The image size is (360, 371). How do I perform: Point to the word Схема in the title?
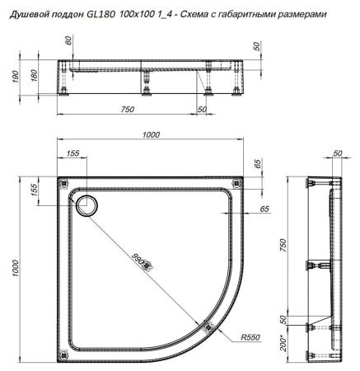(x=203, y=15)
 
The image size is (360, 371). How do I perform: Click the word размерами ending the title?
(x=302, y=15)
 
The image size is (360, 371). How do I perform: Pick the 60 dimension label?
(x=68, y=40)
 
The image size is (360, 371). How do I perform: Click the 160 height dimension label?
(x=34, y=77)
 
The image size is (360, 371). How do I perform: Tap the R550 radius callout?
(x=250, y=336)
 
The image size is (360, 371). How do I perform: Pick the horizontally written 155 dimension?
(x=72, y=154)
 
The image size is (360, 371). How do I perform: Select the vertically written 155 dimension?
(x=35, y=190)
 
